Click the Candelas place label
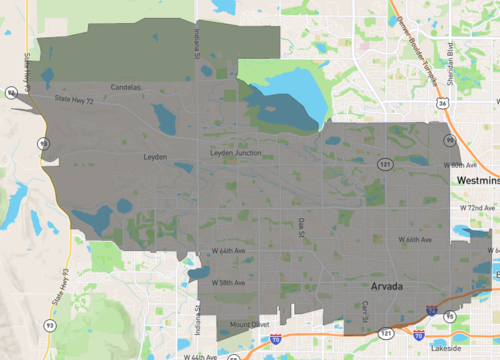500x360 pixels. click(x=126, y=86)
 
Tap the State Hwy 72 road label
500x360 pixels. click(x=75, y=101)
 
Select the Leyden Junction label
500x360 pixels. click(x=236, y=153)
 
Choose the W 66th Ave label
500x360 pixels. click(x=415, y=240)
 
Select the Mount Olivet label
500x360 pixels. click(x=249, y=324)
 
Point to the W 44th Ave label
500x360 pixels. click(x=200, y=356)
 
